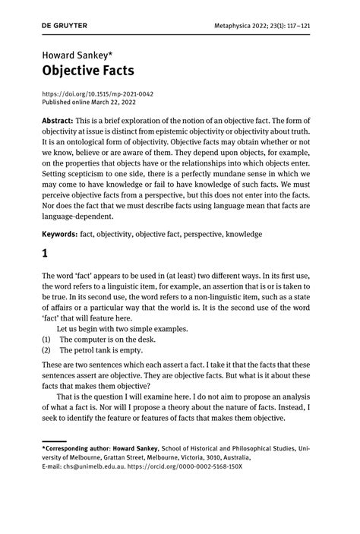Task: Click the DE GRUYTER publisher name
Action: pos(65,25)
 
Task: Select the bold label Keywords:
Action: pos(61,235)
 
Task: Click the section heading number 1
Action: pos(45,257)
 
